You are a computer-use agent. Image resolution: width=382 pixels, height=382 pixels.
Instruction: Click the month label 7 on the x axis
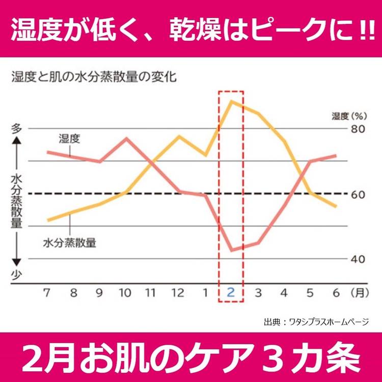tap(46, 293)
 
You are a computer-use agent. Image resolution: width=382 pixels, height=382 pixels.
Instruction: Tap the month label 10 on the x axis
tap(125, 293)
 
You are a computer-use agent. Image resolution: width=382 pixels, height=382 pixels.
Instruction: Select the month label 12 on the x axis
tap(178, 293)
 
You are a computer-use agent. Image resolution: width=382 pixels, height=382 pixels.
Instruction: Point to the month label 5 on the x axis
tap(310, 293)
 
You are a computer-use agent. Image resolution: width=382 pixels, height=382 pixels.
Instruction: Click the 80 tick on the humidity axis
tap(358, 129)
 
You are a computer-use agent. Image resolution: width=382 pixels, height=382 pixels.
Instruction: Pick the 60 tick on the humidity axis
tap(358, 194)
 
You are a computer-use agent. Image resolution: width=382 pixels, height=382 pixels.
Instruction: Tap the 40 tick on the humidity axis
tap(358, 259)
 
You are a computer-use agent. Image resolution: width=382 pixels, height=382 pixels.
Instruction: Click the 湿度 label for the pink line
tap(69, 139)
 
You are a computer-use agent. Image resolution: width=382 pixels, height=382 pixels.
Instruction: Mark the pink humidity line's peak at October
tap(126, 138)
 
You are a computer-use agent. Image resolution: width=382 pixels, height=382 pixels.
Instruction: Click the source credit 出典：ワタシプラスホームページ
tap(316, 322)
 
